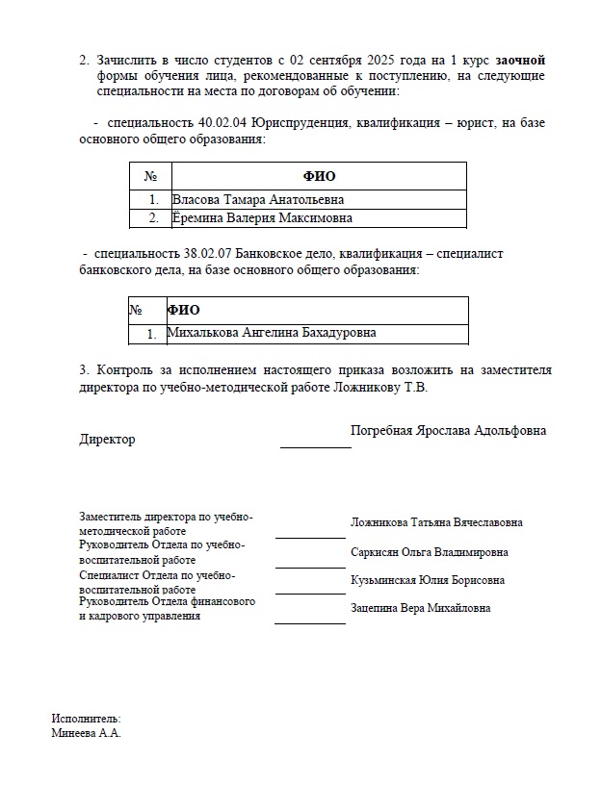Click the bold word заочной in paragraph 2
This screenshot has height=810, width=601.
click(521, 60)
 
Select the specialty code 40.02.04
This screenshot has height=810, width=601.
click(222, 124)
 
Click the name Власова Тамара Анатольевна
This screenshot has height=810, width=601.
click(258, 199)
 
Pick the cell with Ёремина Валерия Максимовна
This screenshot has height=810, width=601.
click(262, 218)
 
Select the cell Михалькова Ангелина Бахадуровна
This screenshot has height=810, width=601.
click(272, 333)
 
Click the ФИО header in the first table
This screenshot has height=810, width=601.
click(319, 176)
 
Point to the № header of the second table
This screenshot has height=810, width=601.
click(136, 310)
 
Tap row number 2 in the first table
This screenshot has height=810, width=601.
click(152, 218)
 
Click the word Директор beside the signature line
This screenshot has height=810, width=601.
click(107, 440)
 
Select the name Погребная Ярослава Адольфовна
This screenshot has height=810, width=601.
click(448, 430)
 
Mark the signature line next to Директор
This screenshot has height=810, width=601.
click(316, 446)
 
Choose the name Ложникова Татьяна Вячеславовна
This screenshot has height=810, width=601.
click(436, 522)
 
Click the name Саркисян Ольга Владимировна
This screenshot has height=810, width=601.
click(430, 552)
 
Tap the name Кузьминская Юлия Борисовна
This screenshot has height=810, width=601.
click(428, 580)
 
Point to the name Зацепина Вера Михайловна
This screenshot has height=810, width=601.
click(421, 608)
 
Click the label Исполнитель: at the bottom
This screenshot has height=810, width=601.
click(86, 718)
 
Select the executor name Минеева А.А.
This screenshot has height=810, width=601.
click(86, 733)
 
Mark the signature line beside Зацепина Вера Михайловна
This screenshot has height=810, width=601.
click(309, 622)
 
